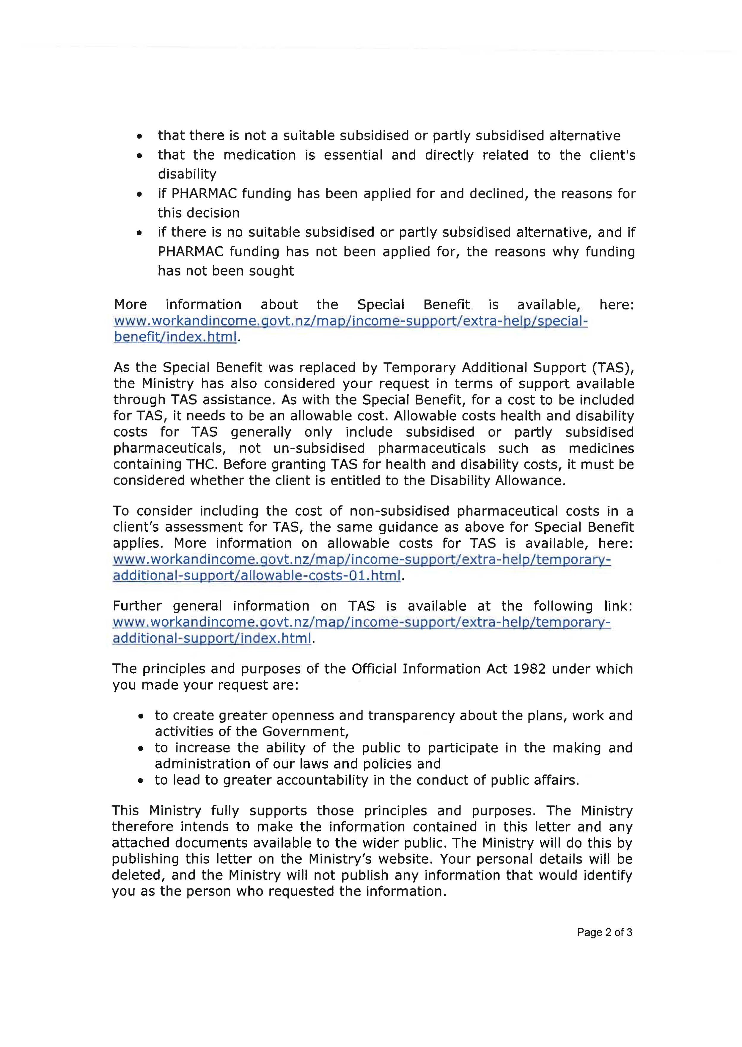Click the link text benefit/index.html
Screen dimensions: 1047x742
pos(175,337)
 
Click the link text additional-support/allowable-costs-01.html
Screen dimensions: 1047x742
pos(257,576)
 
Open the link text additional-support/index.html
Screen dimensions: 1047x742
pos(212,638)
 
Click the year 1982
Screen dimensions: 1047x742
pos(529,669)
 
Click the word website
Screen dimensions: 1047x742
pos(400,859)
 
